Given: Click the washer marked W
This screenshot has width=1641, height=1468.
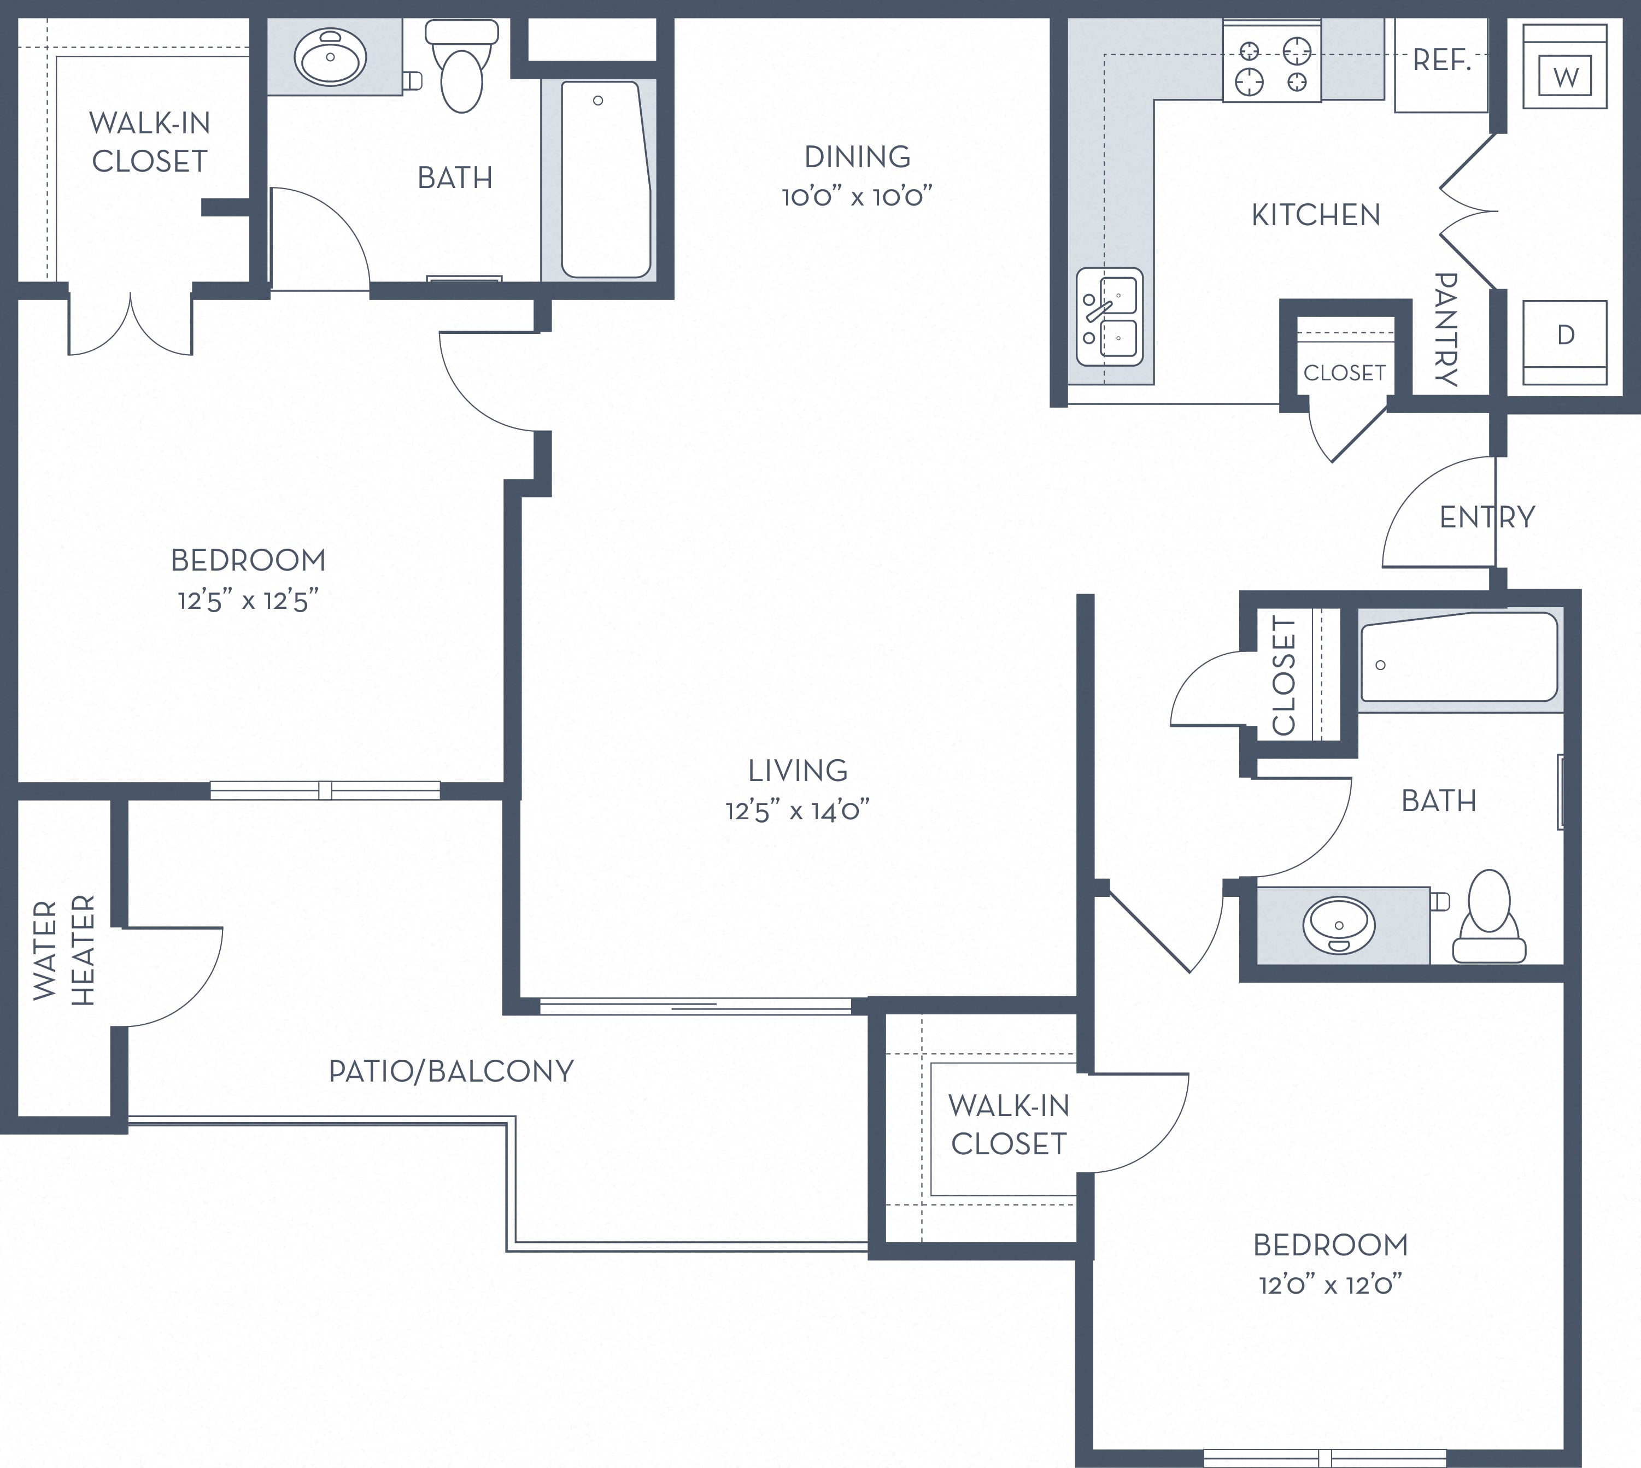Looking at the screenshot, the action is click(x=1565, y=66).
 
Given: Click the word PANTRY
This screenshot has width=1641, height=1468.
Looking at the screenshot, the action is click(x=1446, y=329).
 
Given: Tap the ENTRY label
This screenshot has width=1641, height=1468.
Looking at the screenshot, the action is click(x=1487, y=517).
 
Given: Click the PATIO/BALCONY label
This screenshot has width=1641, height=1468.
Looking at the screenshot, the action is click(x=451, y=1071).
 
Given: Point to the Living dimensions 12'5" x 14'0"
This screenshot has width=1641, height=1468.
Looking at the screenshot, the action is click(x=797, y=810).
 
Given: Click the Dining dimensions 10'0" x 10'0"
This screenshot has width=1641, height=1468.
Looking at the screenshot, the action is click(x=857, y=196).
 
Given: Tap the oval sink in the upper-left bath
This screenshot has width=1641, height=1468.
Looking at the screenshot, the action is click(x=331, y=57).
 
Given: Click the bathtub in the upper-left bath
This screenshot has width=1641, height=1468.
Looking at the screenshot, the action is click(x=606, y=179).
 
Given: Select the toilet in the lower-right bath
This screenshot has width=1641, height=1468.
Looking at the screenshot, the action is click(x=1490, y=917).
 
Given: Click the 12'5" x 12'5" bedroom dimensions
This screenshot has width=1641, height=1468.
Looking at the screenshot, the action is click(x=249, y=600).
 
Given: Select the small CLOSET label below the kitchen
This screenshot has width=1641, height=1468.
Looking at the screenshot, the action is click(x=1344, y=373).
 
